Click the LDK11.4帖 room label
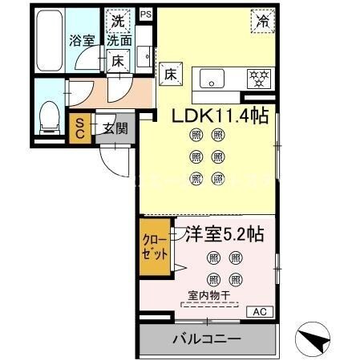tap(220, 116)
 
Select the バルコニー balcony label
tap(206, 339)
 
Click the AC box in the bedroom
tap(260, 311)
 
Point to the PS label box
tap(145, 14)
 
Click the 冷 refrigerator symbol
tap(262, 21)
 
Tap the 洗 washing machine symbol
tap(119, 21)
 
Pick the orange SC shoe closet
tap(81, 129)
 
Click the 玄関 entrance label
tap(114, 127)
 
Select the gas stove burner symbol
tap(257, 79)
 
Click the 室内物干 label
tap(209, 295)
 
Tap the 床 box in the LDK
tap(170, 74)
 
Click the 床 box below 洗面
tap(117, 60)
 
